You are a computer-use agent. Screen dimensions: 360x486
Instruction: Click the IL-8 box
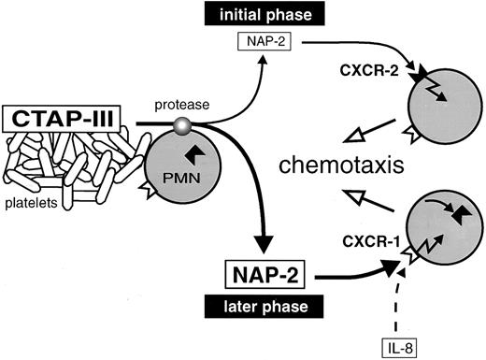(x=405, y=345)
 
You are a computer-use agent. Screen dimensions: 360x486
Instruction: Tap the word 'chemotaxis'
(x=347, y=167)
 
